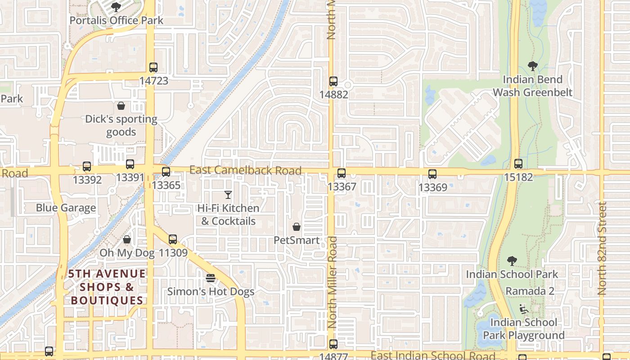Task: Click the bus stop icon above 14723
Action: (153, 67)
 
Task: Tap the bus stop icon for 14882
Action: (333, 81)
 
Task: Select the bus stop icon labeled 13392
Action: (87, 166)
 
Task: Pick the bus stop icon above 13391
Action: (130, 164)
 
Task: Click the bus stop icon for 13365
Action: (166, 171)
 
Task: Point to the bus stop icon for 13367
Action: (342, 173)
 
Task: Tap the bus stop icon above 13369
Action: (432, 174)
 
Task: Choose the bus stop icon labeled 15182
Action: (518, 164)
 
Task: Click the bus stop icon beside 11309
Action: (173, 239)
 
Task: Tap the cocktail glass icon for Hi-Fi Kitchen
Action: (228, 195)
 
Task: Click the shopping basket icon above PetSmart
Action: (297, 227)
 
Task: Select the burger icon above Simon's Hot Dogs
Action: (211, 278)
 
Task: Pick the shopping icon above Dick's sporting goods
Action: (121, 106)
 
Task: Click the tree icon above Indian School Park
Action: (512, 261)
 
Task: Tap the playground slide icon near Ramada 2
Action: (524, 309)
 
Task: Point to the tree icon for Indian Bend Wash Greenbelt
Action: (533, 67)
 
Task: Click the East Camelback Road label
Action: (245, 171)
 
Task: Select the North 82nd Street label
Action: (603, 248)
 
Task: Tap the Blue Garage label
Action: (66, 208)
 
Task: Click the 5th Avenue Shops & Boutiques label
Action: (107, 287)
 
